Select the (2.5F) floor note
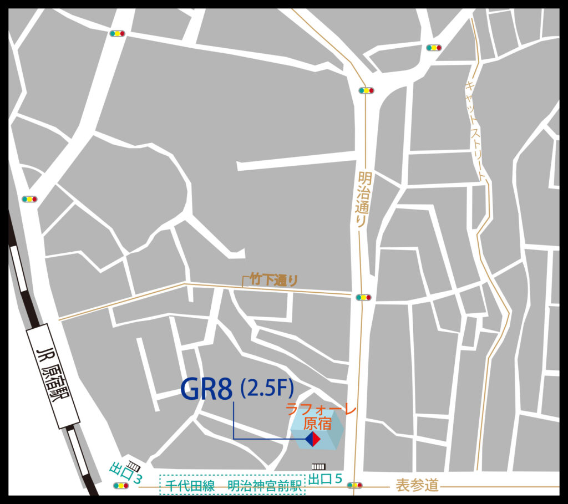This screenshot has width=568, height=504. point(267,389)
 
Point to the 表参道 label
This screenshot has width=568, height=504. point(417,486)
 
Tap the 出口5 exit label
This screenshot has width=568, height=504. point(325,478)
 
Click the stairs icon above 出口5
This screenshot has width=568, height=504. point(319,467)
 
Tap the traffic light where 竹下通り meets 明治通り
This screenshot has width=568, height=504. point(363,298)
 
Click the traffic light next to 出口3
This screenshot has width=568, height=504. point(119,486)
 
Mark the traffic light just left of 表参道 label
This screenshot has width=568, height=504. point(354,486)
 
